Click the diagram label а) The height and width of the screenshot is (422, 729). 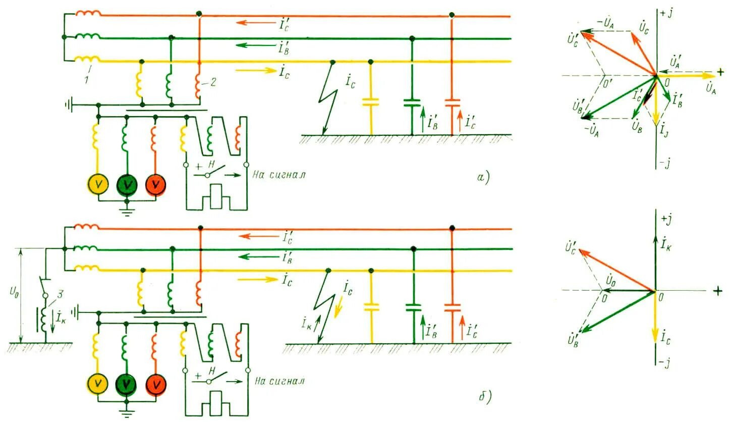pyautogui.click(x=483, y=177)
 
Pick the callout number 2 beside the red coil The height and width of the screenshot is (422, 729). pyautogui.click(x=214, y=83)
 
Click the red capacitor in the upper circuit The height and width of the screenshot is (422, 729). pyautogui.click(x=452, y=104)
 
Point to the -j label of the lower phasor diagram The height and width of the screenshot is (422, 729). pyautogui.click(x=664, y=361)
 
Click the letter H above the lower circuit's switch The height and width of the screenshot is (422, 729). pyautogui.click(x=212, y=371)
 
